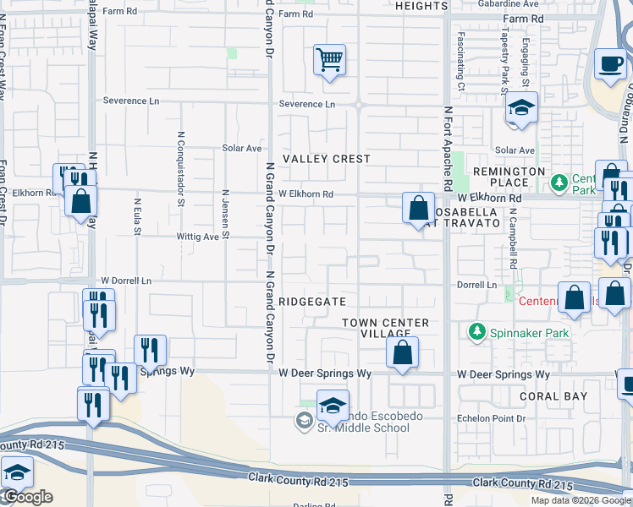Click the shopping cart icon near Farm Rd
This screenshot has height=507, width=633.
point(329,61)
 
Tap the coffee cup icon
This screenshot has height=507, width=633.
point(609,64)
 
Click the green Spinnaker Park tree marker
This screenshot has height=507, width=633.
point(478,331)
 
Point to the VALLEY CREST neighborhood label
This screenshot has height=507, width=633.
point(327,159)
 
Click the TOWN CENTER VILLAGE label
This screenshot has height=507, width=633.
point(386,328)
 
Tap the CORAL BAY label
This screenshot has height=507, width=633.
point(553,395)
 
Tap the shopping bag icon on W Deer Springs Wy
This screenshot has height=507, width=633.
point(402,352)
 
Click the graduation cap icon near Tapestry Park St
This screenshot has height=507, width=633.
point(522,108)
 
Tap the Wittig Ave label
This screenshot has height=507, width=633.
point(198,237)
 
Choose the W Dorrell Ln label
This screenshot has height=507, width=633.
point(126,281)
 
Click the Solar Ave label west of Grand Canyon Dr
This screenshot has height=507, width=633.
point(242,148)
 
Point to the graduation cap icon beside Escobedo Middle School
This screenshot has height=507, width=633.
point(333,406)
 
